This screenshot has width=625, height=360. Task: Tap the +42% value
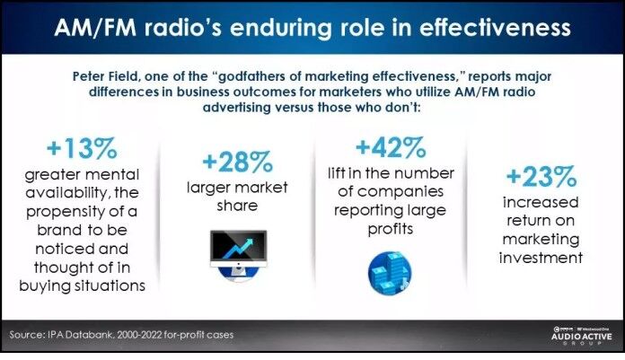[x=391, y=146]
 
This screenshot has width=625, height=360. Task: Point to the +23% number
[x=541, y=177]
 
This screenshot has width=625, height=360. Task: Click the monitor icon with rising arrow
[x=237, y=254]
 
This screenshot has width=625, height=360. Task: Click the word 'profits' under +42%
[x=391, y=227]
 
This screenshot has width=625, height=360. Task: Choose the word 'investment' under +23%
[x=541, y=258]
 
